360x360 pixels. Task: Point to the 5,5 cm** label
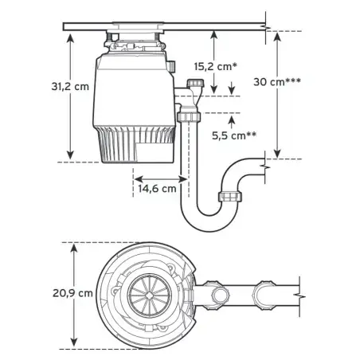pos(233,136)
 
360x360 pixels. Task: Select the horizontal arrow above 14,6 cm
pos(159,177)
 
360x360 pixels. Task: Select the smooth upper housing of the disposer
pos(131,88)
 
